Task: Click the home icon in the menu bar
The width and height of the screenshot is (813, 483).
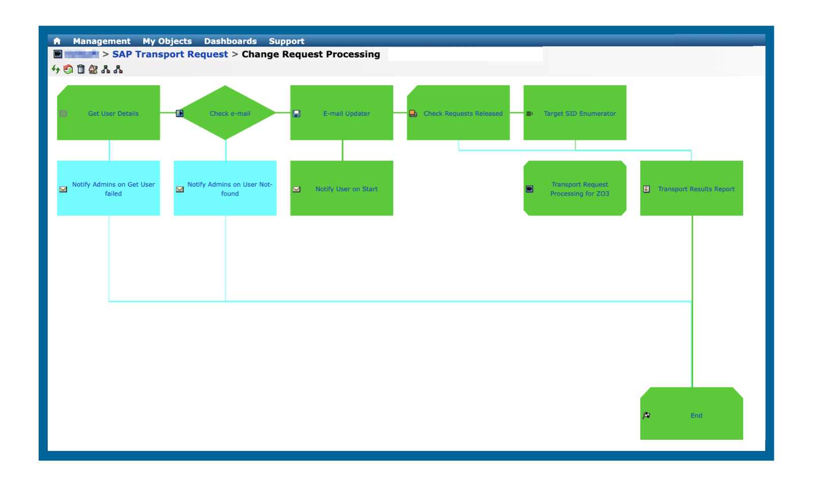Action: coord(57,41)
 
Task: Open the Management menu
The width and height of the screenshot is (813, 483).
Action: coord(102,41)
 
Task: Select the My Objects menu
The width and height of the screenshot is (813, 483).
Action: coord(167,41)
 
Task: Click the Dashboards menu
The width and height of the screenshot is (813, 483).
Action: coord(230,41)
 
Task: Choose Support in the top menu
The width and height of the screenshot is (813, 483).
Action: coord(287,41)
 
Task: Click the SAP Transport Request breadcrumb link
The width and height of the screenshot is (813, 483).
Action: coord(170,54)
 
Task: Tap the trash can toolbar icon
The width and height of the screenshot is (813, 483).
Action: coord(81,69)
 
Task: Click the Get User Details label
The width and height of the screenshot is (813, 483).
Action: coord(113,113)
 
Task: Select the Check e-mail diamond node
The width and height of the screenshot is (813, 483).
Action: coord(230,113)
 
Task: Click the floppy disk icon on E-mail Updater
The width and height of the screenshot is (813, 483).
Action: coord(297,114)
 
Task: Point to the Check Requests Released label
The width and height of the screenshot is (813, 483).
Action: coord(463,113)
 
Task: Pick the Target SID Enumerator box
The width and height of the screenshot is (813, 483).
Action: coord(579,113)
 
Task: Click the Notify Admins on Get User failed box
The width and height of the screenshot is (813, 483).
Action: coord(113,189)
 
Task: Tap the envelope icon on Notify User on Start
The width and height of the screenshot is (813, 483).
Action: coord(297,189)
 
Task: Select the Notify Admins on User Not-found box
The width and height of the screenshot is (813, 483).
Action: coord(230,189)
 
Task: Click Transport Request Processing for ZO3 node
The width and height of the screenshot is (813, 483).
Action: coord(579,189)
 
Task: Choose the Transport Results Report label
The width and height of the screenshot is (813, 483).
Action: coord(696,189)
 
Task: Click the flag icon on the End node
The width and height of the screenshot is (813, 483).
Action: coord(646,415)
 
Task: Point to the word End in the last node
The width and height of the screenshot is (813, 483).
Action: coord(696,415)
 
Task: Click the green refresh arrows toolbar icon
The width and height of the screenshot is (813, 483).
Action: coord(56,69)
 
